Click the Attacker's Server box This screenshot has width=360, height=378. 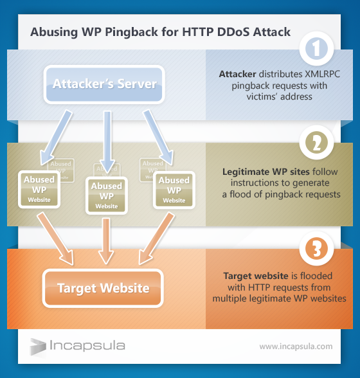pyautogui.click(x=104, y=84)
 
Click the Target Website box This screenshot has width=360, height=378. pyautogui.click(x=103, y=287)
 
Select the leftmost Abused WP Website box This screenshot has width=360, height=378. pyautogui.click(x=39, y=190)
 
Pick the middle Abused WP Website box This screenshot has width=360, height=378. pyautogui.click(x=106, y=195)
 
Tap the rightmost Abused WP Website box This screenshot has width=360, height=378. pyautogui.click(x=174, y=190)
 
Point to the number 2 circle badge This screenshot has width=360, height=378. pyautogui.click(x=317, y=147)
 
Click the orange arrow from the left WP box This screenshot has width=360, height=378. pyautogui.click(x=54, y=238)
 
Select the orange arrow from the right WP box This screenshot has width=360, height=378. pyautogui.click(x=154, y=238)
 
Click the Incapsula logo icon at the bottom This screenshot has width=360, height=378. pyautogui.click(x=37, y=346)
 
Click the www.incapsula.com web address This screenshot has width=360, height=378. pyautogui.click(x=296, y=346)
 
